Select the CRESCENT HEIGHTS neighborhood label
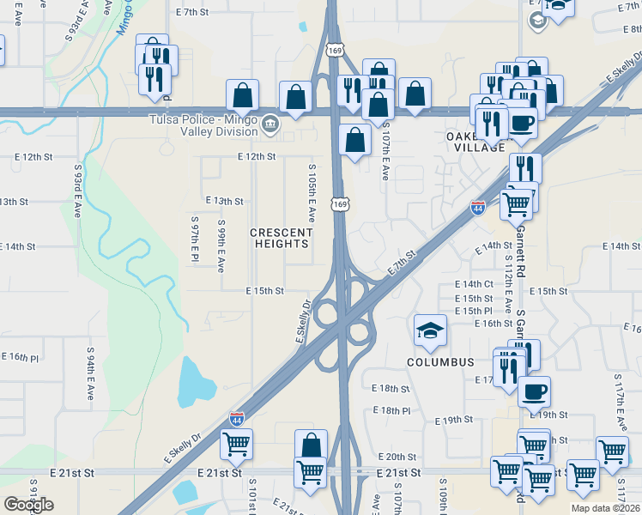coord(280,238)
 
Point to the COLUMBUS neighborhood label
coord(440,362)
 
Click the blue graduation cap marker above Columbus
coord(431,330)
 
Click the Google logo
coord(28,505)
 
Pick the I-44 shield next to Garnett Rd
coord(478,208)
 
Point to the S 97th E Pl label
coord(195,239)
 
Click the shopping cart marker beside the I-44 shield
coord(516,204)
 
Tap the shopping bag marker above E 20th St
coord(311,445)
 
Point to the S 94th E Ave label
coord(90,374)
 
